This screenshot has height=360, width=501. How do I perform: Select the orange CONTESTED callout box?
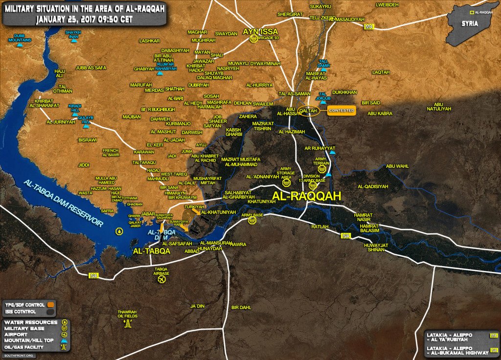(x=342, y=111)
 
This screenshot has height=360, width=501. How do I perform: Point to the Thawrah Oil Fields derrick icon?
(x=128, y=323)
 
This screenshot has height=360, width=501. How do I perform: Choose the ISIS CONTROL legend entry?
(x=22, y=311)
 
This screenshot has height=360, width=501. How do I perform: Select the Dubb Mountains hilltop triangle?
(x=20, y=45)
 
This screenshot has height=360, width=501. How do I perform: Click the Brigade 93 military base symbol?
(x=253, y=40)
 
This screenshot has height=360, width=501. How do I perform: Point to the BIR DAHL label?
(x=241, y=307)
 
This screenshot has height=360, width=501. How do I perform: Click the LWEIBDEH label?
(x=387, y=5)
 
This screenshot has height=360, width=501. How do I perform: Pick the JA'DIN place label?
(x=197, y=306)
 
